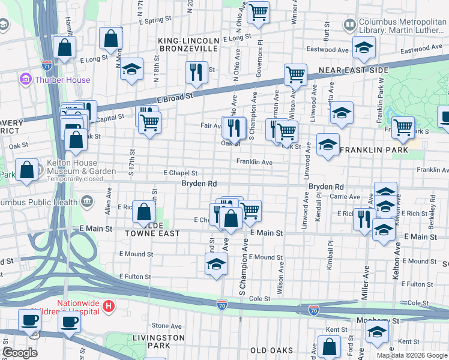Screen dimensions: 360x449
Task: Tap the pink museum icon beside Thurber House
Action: click(x=25, y=79)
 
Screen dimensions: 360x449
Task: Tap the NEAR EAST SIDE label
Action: click(x=354, y=70)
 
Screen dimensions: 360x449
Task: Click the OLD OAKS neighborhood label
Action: click(x=271, y=350)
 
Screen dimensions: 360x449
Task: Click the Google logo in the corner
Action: click(x=20, y=353)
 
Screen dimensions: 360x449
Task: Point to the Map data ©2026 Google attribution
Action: click(x=412, y=355)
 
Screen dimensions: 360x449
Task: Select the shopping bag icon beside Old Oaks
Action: click(x=329, y=346)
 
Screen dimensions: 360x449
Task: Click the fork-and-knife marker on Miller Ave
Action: click(x=364, y=219)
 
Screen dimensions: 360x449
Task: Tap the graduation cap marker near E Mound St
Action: click(x=216, y=263)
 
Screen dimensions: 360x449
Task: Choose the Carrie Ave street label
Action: click(x=345, y=197)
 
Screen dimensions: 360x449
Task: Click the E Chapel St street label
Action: click(x=180, y=173)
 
